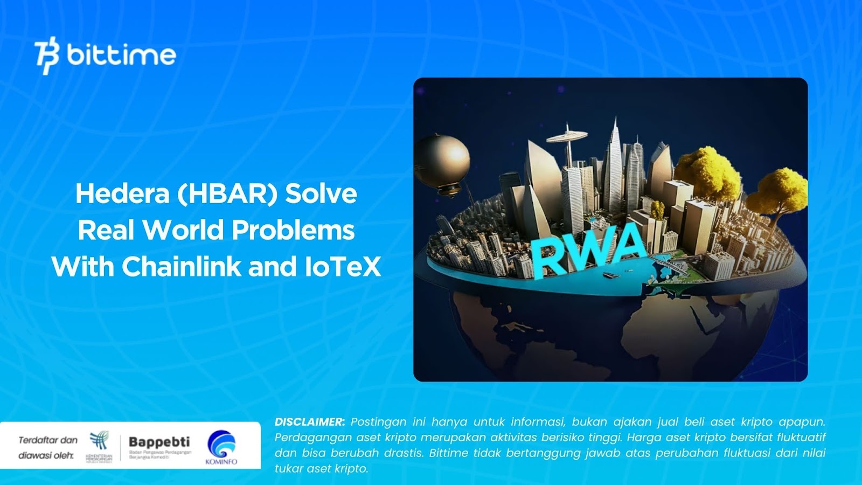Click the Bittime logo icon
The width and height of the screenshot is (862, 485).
tap(47, 55)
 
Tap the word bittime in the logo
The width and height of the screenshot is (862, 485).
tap(121, 55)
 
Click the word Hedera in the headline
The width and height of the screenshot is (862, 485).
tap(122, 193)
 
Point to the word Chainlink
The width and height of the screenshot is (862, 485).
tap(182, 267)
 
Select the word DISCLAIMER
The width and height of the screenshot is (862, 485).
tap(309, 422)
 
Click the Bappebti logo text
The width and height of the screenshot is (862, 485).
tap(159, 442)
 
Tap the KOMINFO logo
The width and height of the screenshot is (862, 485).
tap(221, 447)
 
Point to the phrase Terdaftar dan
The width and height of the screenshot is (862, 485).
tap(48, 440)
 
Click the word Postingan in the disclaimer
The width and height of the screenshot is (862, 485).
tap(378, 422)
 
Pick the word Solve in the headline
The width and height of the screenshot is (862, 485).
tap(321, 193)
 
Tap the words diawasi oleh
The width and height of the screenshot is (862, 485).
tap(46, 455)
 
